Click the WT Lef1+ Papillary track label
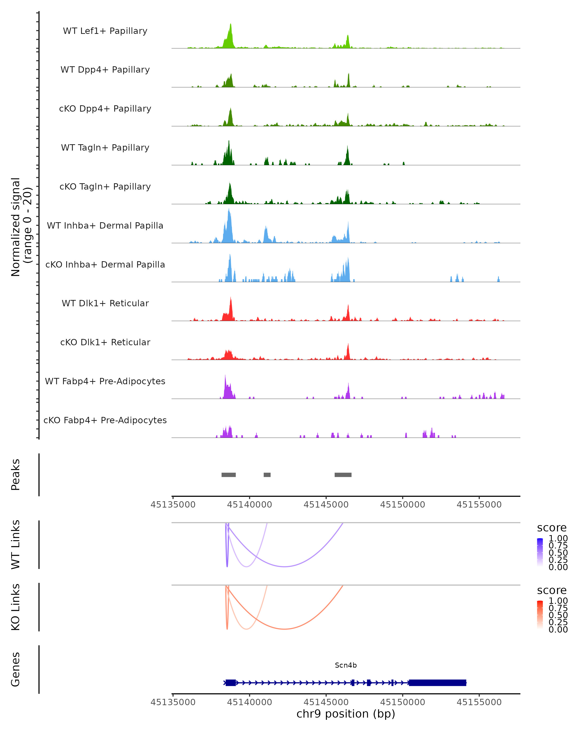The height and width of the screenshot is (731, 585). (105, 31)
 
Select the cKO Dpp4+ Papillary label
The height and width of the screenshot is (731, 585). (105, 109)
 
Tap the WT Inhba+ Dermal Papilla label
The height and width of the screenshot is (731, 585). (105, 226)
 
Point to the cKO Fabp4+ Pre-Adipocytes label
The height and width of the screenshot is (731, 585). (105, 420)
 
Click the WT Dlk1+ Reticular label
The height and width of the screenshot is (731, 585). (105, 303)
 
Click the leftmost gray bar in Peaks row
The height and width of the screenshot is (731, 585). (229, 475)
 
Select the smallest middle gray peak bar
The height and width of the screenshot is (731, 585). (267, 475)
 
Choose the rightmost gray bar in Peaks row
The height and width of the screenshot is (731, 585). (343, 475)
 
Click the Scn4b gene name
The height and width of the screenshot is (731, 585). (346, 665)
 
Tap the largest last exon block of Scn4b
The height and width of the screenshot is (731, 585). (438, 683)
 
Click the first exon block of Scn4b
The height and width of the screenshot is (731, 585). (231, 683)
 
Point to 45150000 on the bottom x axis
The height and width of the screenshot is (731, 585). (402, 702)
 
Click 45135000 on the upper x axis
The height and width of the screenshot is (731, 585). (173, 505)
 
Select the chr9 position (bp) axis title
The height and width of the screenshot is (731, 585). (346, 714)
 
